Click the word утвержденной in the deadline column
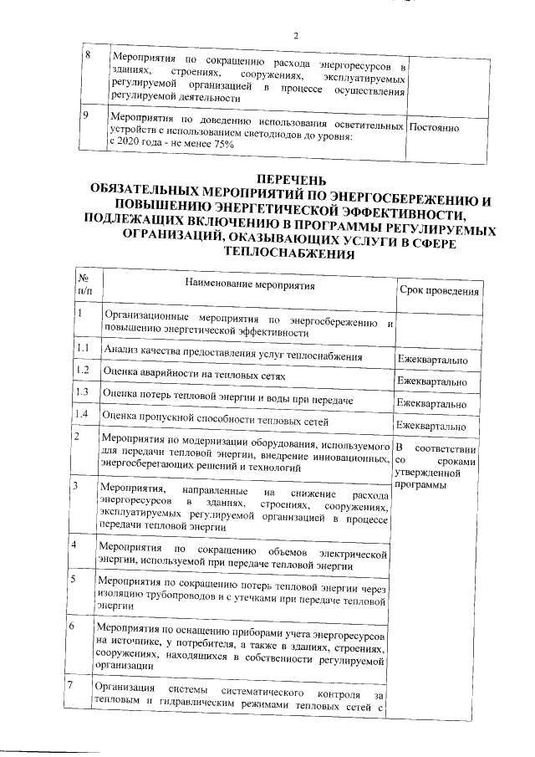(x=428, y=473)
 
